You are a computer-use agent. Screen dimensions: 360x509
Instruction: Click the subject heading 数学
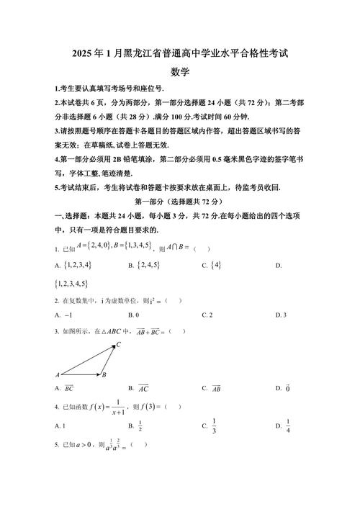[x=180, y=71]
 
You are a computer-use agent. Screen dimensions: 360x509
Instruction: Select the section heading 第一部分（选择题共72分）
[x=180, y=202]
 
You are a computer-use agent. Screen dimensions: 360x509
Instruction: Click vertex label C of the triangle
[x=119, y=345]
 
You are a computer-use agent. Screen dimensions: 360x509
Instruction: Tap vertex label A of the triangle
[x=57, y=375]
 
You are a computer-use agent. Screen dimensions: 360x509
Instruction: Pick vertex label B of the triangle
[x=105, y=375]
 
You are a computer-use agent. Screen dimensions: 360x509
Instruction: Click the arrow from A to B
[x=81, y=374]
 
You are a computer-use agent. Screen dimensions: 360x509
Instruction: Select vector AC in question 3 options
[x=143, y=388]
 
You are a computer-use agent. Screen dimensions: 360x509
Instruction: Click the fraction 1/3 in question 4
[x=215, y=425]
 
